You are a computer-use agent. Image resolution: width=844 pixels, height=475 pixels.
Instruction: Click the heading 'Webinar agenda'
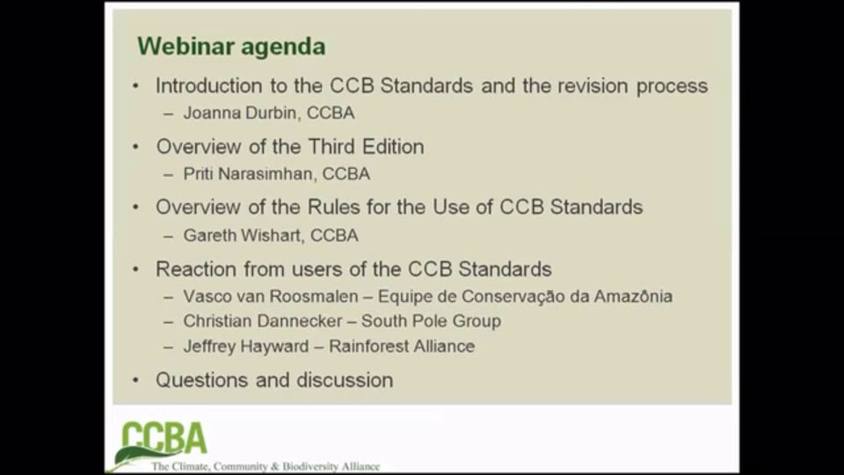click(231, 47)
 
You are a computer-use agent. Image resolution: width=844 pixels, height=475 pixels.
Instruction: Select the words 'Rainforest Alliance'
click(402, 347)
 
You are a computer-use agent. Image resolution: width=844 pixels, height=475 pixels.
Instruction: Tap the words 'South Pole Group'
click(431, 321)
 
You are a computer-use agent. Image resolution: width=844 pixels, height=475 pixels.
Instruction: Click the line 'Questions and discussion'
click(274, 380)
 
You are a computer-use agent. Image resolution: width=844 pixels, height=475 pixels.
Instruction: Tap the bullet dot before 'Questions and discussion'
click(135, 380)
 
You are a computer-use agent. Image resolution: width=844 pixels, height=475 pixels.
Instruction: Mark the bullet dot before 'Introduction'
click(135, 86)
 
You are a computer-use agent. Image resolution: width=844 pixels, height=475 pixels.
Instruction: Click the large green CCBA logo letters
click(164, 439)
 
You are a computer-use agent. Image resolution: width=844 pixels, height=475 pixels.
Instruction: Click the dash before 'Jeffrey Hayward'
click(168, 347)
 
